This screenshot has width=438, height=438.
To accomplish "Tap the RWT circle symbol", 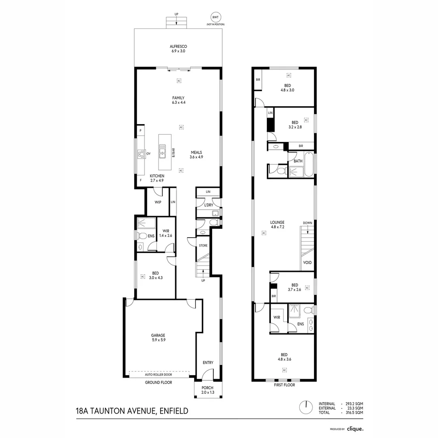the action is tap(215, 17).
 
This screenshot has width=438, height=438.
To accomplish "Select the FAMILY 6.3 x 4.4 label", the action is tap(178, 100).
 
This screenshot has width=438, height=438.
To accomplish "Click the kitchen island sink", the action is tap(162, 151).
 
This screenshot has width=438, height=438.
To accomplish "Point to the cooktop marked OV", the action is tap(141, 154).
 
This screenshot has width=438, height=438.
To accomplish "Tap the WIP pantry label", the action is tap(158, 202).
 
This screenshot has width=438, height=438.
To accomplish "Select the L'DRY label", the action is tap(209, 205).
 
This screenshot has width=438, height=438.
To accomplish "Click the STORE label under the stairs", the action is tap(203, 245).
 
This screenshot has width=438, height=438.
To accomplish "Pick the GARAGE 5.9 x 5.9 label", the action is tap(159, 337).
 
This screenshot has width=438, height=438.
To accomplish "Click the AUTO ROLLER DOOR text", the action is tap(159, 375).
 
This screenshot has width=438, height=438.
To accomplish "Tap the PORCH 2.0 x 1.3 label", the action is tap(208, 390).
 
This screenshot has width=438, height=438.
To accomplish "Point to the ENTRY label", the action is tap(208, 363).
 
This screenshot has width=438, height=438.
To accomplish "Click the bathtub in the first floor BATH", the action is tap(309, 164).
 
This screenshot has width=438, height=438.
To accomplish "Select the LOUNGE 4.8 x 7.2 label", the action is tap(277, 225).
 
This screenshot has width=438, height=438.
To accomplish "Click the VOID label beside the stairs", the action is tap(307, 262).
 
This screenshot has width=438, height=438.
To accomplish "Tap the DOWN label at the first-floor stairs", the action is tap(307, 223).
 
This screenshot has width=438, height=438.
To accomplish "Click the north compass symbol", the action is tap(306, 408).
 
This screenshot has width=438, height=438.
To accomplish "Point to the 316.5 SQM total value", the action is tap(354, 412).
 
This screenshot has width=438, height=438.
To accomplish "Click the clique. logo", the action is tap(355, 429).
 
